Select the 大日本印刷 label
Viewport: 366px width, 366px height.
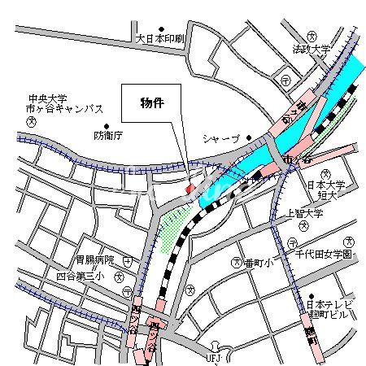tap(160, 38)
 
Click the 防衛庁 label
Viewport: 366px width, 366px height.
tap(107, 135)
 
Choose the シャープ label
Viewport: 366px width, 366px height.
tap(220, 138)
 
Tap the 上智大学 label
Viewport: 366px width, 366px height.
tap(305, 214)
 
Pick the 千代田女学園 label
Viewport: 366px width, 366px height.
tap(324, 255)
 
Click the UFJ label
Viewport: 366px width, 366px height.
tap(213, 357)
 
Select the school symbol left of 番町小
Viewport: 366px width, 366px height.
tap(237, 262)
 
